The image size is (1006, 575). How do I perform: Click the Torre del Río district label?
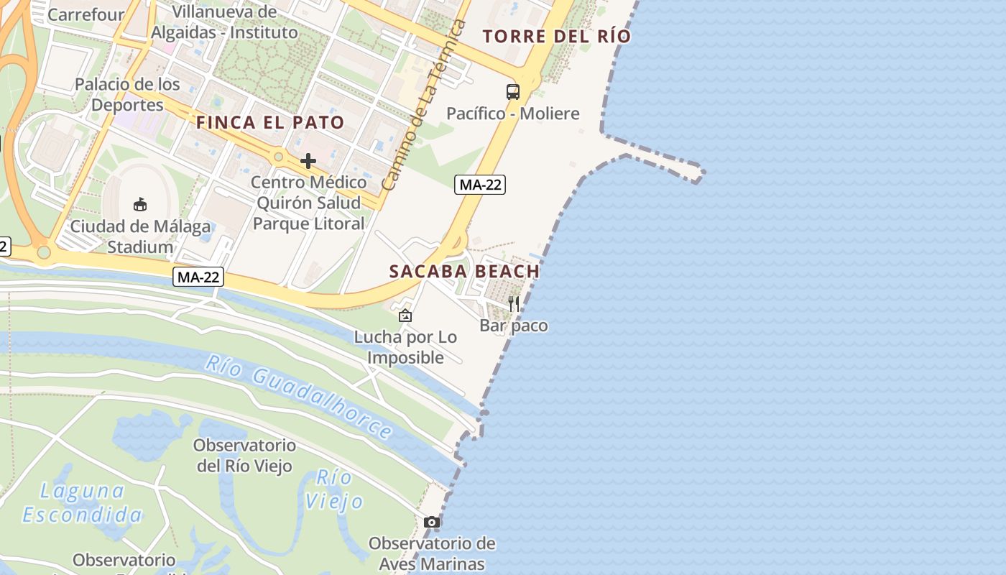click(x=556, y=36)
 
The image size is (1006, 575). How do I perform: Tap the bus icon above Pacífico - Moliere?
click(x=512, y=91)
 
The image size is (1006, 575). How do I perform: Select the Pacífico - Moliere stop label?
click(x=512, y=114)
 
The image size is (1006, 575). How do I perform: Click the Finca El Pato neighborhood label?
click(x=270, y=122)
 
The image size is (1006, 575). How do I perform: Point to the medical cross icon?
click(x=308, y=160)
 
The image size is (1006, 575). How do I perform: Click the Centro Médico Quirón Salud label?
click(x=308, y=203)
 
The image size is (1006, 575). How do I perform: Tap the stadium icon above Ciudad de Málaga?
click(x=140, y=205)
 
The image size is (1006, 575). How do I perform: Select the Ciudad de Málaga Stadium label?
click(x=140, y=237)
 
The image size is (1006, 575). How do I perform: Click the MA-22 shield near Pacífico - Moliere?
click(x=480, y=185)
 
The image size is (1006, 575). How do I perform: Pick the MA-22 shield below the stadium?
click(x=198, y=276)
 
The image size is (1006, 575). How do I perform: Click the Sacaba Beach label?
click(x=464, y=272)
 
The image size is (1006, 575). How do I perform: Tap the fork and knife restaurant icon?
click(x=514, y=303)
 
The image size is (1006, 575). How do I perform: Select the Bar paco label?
click(x=513, y=326)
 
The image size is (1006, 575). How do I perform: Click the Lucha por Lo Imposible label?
click(x=405, y=347)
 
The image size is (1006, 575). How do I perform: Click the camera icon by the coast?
click(x=431, y=522)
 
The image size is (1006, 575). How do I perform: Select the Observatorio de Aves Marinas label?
click(x=432, y=553)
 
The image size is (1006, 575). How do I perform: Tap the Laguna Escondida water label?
click(x=82, y=503)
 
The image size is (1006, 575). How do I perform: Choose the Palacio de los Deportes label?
click(x=128, y=94)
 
